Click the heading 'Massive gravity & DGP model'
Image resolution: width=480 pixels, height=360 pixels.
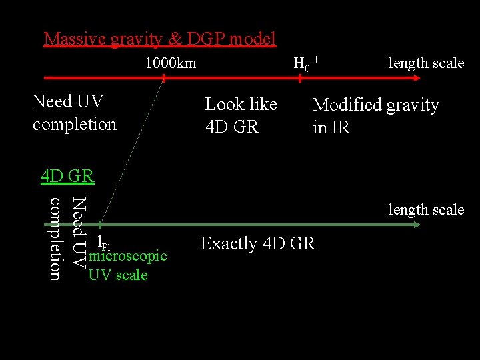[x=159, y=39]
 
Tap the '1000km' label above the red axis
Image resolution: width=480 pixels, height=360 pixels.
[x=171, y=63]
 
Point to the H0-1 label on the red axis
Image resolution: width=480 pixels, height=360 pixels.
[x=305, y=64]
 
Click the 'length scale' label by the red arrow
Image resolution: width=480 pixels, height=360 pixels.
[x=426, y=63]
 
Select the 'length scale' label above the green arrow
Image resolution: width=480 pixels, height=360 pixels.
[x=426, y=209]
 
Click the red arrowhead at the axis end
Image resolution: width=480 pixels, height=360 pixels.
[x=415, y=78]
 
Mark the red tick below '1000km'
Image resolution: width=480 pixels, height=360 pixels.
[x=163, y=78]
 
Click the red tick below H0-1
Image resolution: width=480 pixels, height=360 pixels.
[x=300, y=78]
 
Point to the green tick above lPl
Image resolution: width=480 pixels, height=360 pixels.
[x=99, y=225]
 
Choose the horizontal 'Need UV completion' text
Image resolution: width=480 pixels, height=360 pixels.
[x=74, y=113]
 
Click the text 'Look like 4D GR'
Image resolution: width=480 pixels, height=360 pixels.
[x=241, y=115]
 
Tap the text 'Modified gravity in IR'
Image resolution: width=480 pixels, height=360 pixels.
[x=375, y=115]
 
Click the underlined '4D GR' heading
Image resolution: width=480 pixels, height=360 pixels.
[x=67, y=177]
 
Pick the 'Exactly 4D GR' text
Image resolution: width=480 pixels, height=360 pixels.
[x=257, y=244]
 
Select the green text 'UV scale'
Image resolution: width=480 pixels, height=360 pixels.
[x=118, y=274]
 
